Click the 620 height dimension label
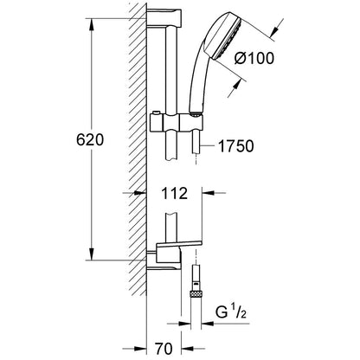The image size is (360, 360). click(x=90, y=140)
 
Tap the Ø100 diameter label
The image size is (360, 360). click(x=254, y=59)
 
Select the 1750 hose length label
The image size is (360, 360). click(x=235, y=146)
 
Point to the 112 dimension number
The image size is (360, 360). click(x=174, y=193)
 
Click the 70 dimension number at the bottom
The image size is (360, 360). click(x=164, y=349)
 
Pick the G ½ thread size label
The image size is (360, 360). click(x=231, y=312)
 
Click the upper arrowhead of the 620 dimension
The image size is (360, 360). click(x=91, y=23)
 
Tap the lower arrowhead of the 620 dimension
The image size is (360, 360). click(x=91, y=254)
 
